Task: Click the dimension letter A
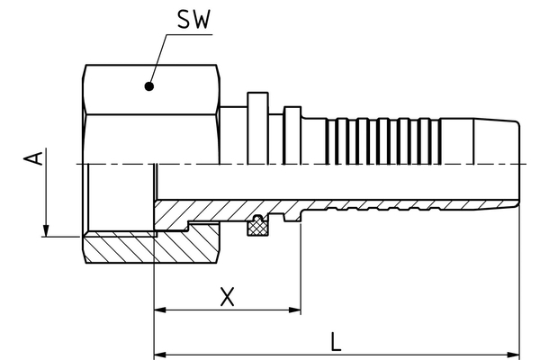pos(34,160)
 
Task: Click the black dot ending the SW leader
pos(149,87)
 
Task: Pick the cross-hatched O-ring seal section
pos(259,228)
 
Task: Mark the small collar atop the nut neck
pos(257,99)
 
